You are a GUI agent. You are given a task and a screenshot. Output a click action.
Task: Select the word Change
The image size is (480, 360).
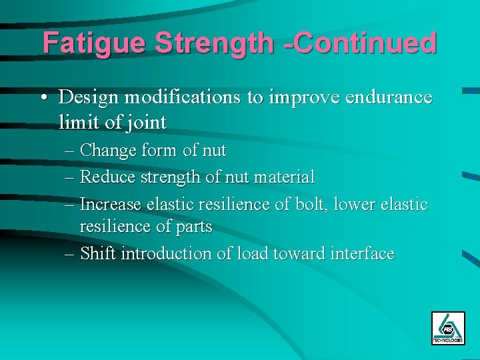coord(109,151)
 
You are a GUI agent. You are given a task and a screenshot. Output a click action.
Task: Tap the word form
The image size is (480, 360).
coord(160,151)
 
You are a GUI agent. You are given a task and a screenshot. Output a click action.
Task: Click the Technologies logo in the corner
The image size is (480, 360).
coord(447,328)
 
